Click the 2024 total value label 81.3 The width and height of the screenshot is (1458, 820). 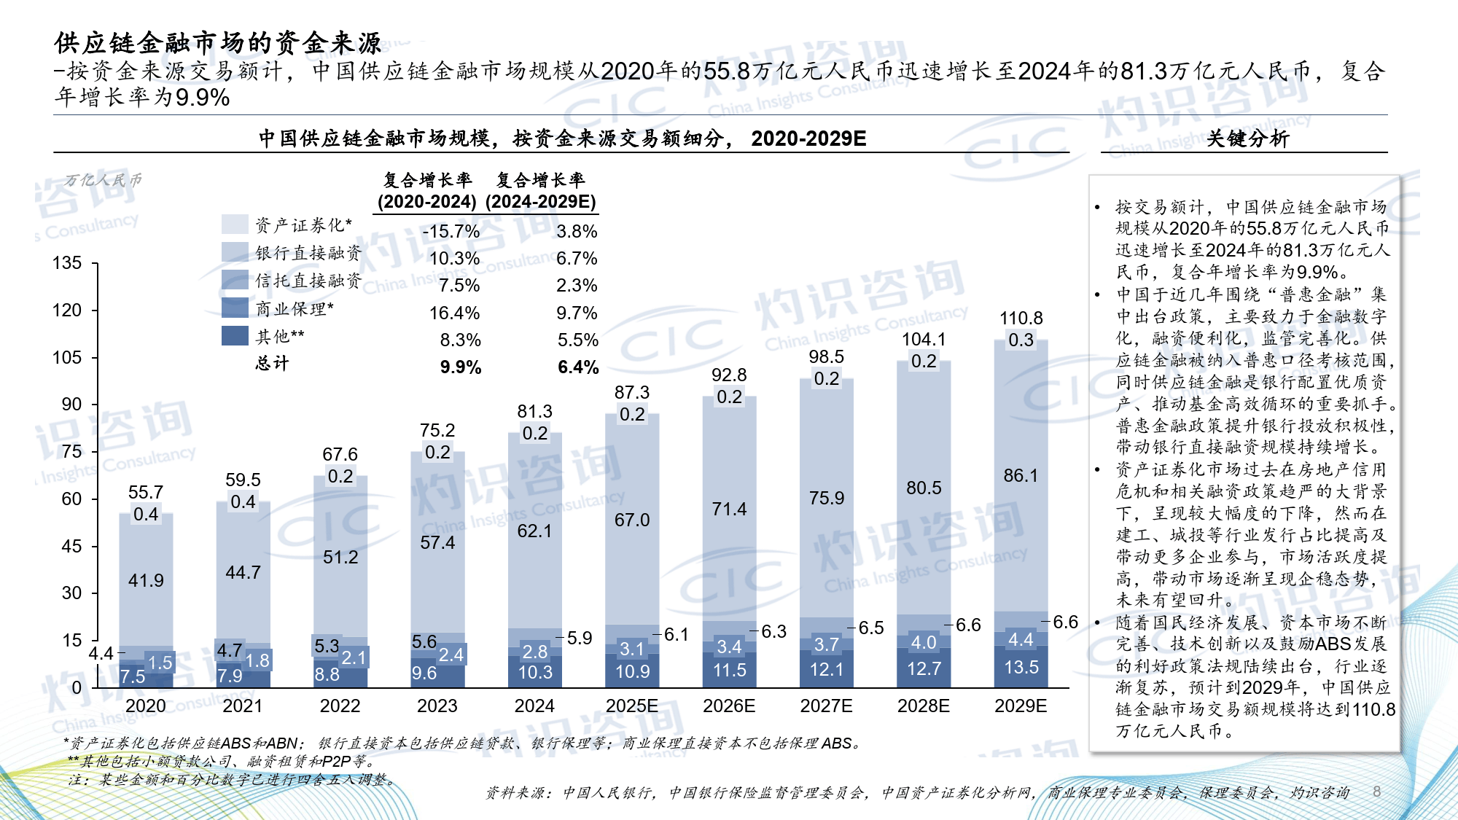534,412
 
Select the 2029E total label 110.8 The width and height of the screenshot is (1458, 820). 1021,319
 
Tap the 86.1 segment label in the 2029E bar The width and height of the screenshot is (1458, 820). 1021,475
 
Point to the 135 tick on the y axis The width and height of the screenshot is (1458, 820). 67,263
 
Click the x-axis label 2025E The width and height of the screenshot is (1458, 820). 631,706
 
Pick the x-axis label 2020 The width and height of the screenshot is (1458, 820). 145,706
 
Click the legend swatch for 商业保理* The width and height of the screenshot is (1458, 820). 235,308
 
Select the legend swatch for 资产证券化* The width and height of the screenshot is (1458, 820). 235,224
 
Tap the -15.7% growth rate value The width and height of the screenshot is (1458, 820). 451,232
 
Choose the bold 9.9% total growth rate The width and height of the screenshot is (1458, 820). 460,367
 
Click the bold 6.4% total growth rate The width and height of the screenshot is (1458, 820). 578,367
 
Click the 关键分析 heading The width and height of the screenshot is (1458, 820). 1247,138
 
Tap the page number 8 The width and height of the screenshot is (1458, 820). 1376,792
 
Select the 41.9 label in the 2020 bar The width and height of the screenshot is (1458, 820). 146,580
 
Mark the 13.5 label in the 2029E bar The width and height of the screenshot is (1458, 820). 1021,667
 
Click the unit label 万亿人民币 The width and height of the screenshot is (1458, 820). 103,180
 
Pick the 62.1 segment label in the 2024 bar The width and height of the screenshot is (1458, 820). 534,531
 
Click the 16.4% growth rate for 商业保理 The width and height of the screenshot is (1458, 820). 454,313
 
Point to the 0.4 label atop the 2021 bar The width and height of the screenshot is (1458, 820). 243,501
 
